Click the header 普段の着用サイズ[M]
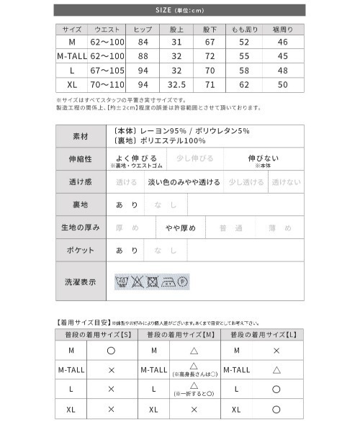pos(180,336)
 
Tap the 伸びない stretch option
pos(263,158)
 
